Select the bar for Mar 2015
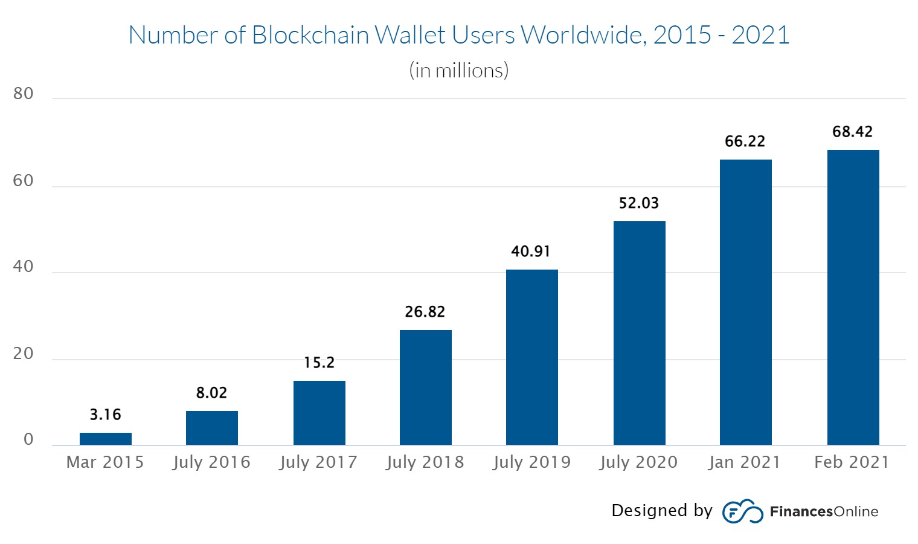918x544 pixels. coord(106,439)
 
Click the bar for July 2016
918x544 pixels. coord(212,428)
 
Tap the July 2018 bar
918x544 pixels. coord(426,387)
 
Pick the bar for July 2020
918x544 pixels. coord(640,333)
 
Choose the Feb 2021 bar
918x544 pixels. coord(853,297)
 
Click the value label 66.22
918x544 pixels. coord(745,141)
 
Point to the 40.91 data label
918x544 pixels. coord(531,251)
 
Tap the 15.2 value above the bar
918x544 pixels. coord(319,363)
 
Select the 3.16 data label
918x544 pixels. coord(106,415)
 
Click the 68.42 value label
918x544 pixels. coord(852,132)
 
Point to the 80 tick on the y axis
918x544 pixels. coord(24,94)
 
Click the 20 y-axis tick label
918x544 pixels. coord(24,354)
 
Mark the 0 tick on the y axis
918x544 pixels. coord(28,440)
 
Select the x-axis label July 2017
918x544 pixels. coord(318,462)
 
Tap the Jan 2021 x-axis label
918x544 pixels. coord(745,462)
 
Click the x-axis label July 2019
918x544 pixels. coord(531,462)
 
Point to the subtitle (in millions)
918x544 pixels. coord(459,71)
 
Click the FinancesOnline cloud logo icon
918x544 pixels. coord(742,511)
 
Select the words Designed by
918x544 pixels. coord(662,511)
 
